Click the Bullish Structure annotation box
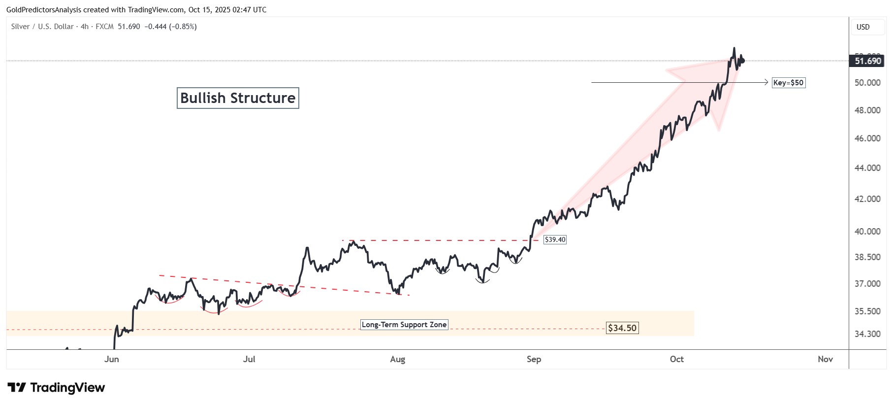click(x=238, y=98)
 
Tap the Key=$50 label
click(x=788, y=83)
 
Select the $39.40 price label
click(x=555, y=239)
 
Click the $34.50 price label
click(x=622, y=328)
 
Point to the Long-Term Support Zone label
click(x=404, y=325)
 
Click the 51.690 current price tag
click(x=867, y=61)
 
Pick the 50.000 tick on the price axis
click(x=867, y=83)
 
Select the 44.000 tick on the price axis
click(x=867, y=168)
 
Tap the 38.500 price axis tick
click(x=867, y=257)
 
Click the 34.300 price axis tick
click(x=867, y=334)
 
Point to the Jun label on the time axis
click(x=112, y=359)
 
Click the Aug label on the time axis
click(x=397, y=359)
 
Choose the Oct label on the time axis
click(x=676, y=359)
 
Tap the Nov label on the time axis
click(x=825, y=359)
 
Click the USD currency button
click(x=863, y=27)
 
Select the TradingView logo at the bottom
click(x=57, y=388)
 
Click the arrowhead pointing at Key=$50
click(x=766, y=82)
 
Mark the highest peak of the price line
click(x=734, y=48)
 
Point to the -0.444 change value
click(x=156, y=27)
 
